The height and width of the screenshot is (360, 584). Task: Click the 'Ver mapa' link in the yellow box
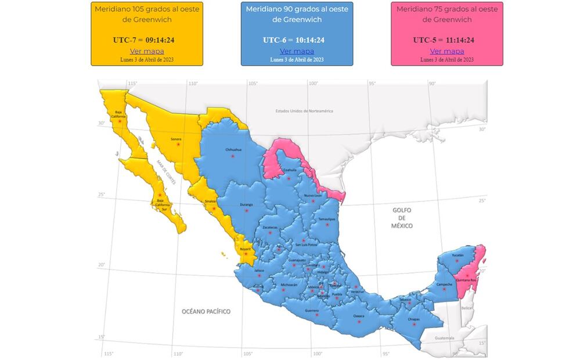pyautogui.click(x=147, y=51)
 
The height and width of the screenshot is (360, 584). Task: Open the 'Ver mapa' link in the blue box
pyautogui.click(x=297, y=51)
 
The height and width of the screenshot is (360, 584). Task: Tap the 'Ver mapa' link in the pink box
pyautogui.click(x=446, y=51)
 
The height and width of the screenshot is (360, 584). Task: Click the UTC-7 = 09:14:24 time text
pyautogui.click(x=147, y=40)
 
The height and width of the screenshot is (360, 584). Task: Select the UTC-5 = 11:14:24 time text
pyautogui.click(x=446, y=40)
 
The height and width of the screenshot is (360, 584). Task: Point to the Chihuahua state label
pyautogui.click(x=233, y=149)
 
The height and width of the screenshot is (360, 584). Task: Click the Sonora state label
pyautogui.click(x=176, y=139)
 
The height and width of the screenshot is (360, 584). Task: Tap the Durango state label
pyautogui.click(x=246, y=204)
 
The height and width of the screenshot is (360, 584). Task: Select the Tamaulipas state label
pyautogui.click(x=327, y=219)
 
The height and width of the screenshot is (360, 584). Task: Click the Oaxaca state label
pyautogui.click(x=359, y=316)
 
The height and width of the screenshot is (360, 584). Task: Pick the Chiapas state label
pyautogui.click(x=413, y=318)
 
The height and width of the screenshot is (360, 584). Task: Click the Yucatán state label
pyautogui.click(x=458, y=255)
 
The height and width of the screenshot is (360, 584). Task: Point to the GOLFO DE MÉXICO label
pyautogui.click(x=402, y=218)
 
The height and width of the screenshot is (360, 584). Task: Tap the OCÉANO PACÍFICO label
pyautogui.click(x=206, y=312)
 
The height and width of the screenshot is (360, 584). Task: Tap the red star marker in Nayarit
pyautogui.click(x=246, y=254)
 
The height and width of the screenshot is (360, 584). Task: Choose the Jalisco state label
pyautogui.click(x=259, y=271)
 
